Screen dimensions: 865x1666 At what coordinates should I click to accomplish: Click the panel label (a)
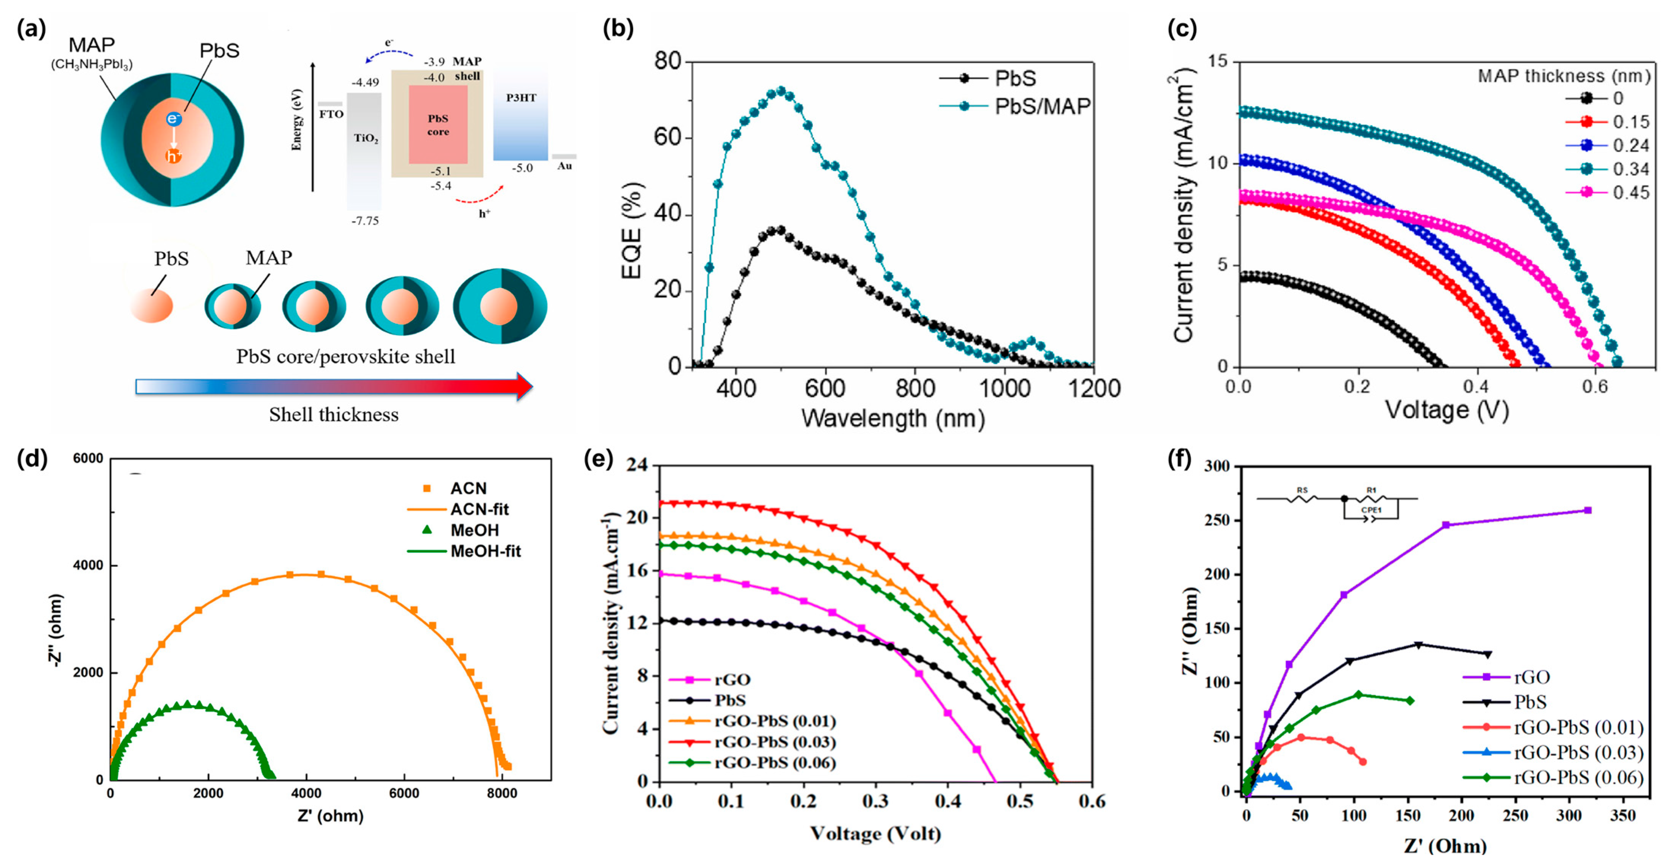click(32, 29)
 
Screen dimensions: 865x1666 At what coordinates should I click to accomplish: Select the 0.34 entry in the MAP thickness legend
click(1630, 169)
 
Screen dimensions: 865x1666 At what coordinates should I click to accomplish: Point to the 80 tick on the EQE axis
click(668, 62)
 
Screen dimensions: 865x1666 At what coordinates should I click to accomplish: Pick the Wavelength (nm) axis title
click(892, 419)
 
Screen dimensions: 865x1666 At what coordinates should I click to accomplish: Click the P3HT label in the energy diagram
click(521, 98)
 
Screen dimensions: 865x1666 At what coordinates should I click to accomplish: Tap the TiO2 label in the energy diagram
click(366, 139)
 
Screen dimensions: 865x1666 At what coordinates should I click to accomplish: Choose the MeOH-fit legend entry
click(485, 551)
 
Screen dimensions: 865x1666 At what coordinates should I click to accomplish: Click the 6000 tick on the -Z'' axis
click(88, 459)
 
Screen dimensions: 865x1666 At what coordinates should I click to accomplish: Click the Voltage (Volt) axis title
click(875, 833)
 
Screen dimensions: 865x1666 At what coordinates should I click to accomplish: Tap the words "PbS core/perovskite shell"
click(345, 357)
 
